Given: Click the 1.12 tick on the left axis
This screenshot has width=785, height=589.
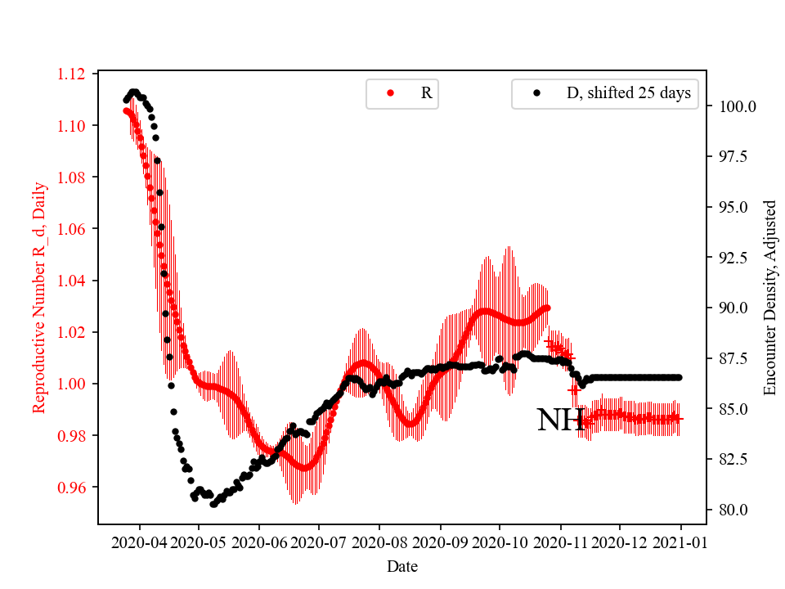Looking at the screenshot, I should click(x=71, y=74).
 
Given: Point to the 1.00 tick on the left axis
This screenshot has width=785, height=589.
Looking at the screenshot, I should click(x=71, y=384).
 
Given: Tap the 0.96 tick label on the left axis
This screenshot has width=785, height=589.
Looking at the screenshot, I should click(x=71, y=488).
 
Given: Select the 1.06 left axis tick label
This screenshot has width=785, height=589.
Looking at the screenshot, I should click(x=71, y=229).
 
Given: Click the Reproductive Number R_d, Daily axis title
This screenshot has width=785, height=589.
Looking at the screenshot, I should click(x=38, y=297).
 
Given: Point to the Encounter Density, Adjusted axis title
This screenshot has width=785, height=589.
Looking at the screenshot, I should click(x=769, y=297).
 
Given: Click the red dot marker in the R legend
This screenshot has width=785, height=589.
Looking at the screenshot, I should click(x=390, y=93).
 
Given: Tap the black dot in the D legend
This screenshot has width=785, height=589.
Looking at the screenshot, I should click(x=536, y=93).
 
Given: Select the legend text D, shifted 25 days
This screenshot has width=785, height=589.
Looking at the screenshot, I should click(x=628, y=93).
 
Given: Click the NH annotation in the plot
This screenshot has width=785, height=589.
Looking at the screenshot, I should click(x=560, y=420).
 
